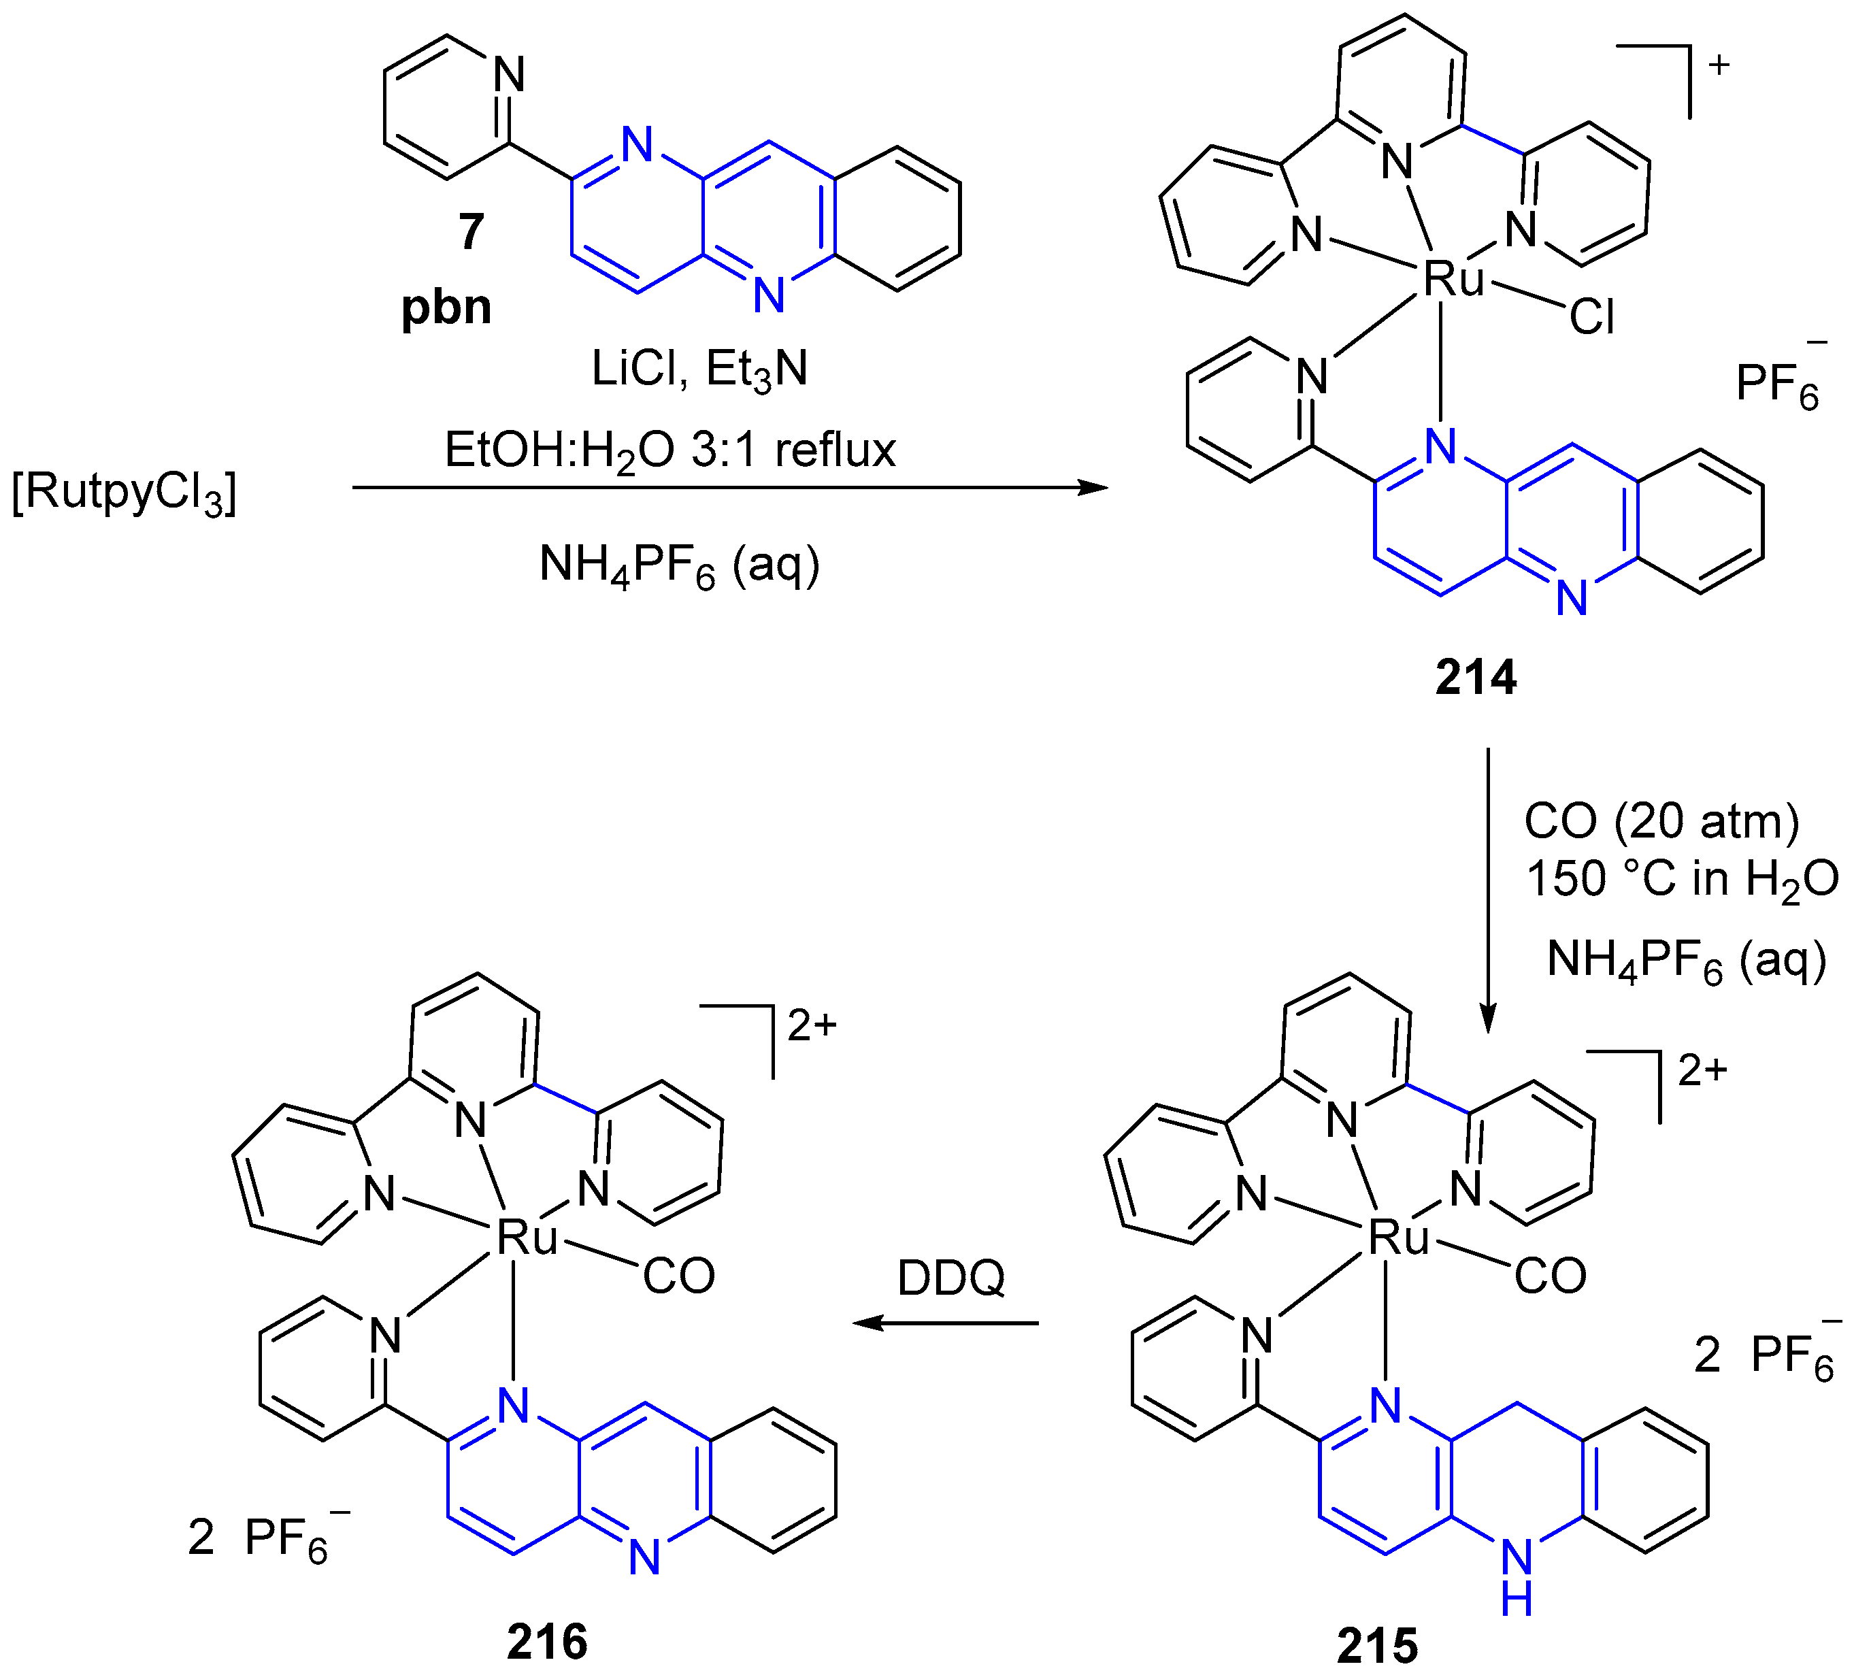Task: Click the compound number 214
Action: click(x=1475, y=678)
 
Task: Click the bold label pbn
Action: click(x=447, y=307)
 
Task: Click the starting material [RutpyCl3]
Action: click(x=124, y=494)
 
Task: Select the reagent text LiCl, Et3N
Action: click(x=699, y=369)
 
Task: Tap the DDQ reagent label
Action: click(x=951, y=1278)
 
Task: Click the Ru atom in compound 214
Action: click(x=1453, y=278)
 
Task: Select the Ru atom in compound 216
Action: click(x=527, y=1238)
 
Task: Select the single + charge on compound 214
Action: click(x=1718, y=65)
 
